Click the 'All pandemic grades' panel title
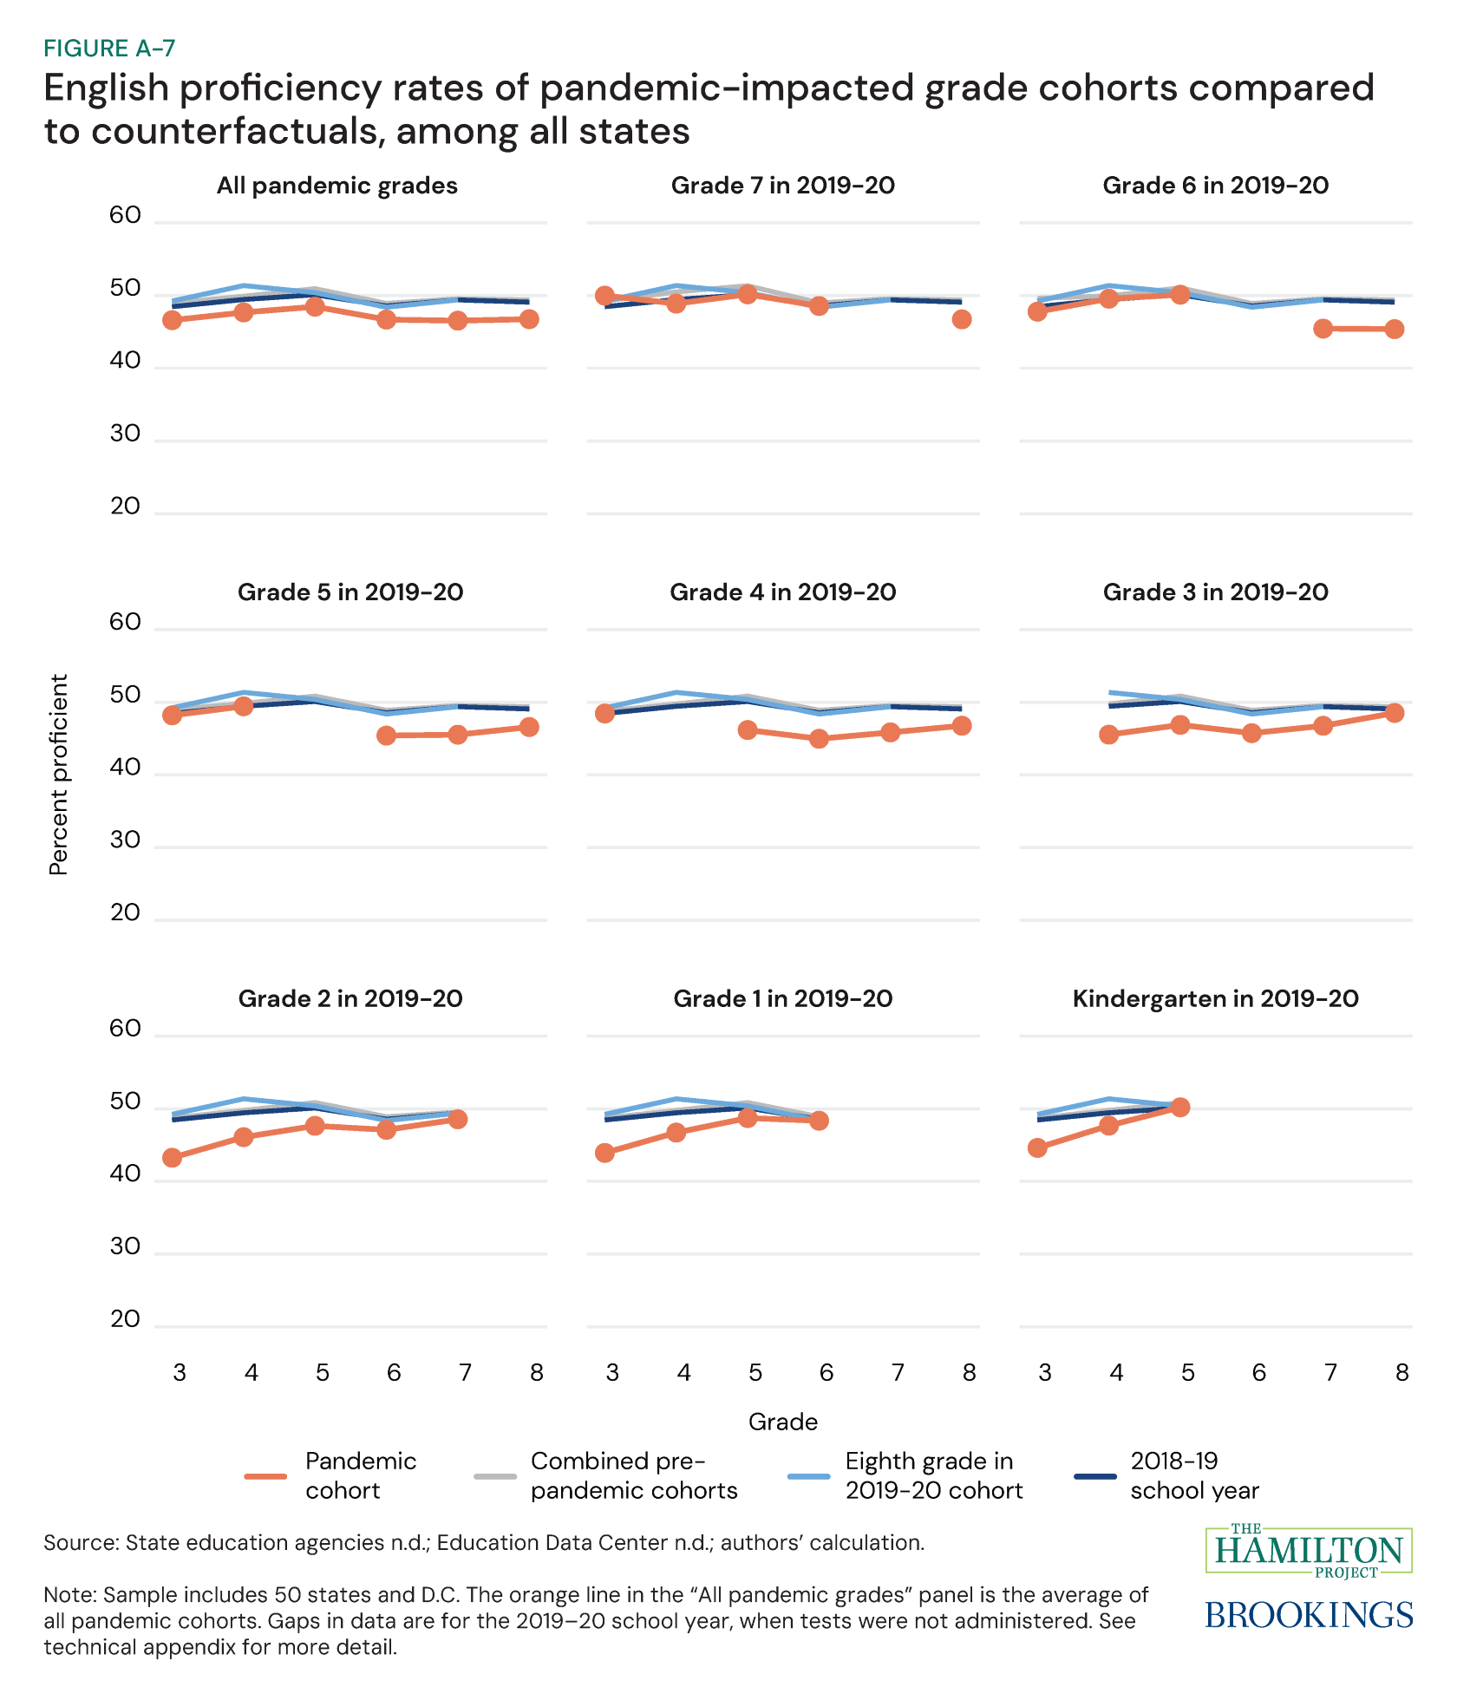(337, 186)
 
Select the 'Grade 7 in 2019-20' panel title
(782, 186)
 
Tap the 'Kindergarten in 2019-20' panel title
(1215, 998)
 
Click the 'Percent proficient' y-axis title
(59, 775)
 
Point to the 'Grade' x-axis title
(782, 1422)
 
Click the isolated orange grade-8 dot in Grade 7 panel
(961, 319)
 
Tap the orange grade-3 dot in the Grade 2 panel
(173, 1157)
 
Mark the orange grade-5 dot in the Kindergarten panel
(1179, 1107)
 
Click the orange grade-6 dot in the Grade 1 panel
(820, 1121)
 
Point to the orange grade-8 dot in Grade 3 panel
(1395, 713)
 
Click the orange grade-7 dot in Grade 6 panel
(1323, 328)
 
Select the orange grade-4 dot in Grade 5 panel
(244, 706)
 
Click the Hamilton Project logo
(1309, 1550)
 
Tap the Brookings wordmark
(1309, 1615)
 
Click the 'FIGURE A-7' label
(109, 49)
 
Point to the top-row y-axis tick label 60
(126, 215)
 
